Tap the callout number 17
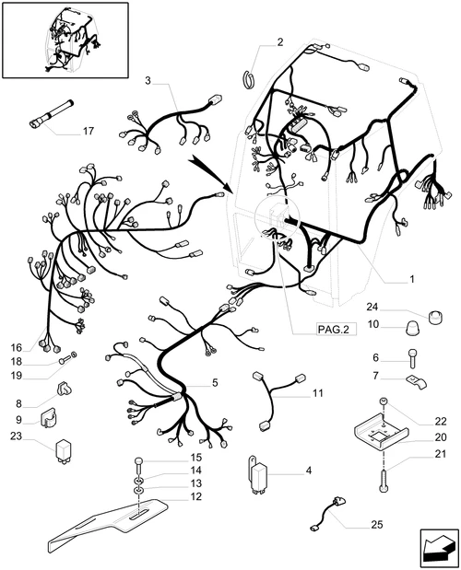[x=89, y=132]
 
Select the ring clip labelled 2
[x=249, y=79]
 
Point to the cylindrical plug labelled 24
[x=435, y=317]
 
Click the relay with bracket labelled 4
[x=258, y=475]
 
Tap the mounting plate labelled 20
[x=380, y=436]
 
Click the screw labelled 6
[x=412, y=358]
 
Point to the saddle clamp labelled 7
[x=417, y=382]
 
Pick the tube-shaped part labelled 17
[x=51, y=115]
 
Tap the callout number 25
[x=377, y=525]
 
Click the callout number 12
[x=195, y=496]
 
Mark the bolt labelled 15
[x=139, y=465]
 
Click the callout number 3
[x=148, y=81]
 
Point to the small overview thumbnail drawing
[x=65, y=40]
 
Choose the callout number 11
[x=318, y=393]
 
